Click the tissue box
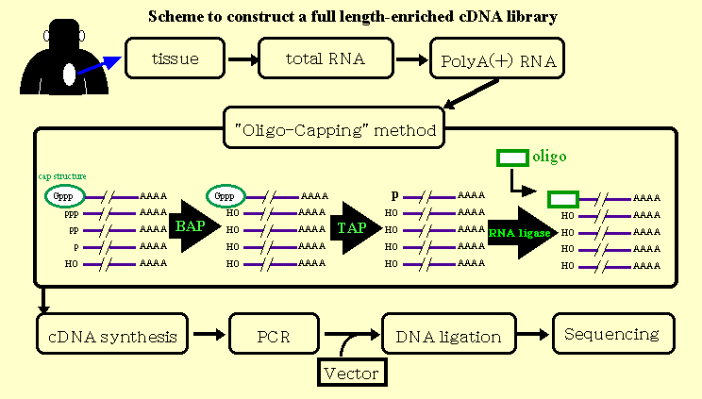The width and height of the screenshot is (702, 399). click(x=175, y=58)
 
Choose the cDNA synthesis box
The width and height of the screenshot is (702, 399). click(x=111, y=336)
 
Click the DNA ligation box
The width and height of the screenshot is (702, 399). click(x=449, y=336)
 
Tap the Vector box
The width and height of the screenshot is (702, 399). click(x=350, y=374)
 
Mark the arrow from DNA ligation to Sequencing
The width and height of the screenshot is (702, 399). click(x=531, y=335)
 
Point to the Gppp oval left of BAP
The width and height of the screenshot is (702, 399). click(x=61, y=196)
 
